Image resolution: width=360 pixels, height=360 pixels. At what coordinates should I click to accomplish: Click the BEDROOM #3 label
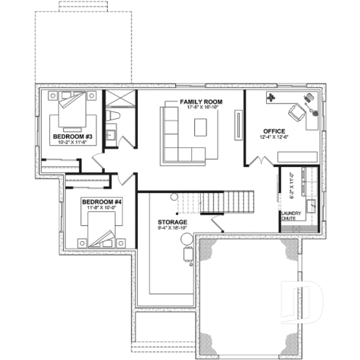71,137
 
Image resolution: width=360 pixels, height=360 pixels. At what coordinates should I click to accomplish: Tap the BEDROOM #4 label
102,202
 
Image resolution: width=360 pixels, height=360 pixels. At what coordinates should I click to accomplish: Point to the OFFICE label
274,132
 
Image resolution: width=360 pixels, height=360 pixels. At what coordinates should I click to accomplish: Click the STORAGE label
172,221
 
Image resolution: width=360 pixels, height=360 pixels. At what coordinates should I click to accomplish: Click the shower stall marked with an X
117,99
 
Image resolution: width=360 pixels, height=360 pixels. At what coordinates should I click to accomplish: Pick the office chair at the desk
297,112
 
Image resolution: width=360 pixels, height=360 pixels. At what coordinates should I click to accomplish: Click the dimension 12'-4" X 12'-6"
274,139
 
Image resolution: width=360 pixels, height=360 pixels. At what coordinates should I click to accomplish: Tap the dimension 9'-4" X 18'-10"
172,228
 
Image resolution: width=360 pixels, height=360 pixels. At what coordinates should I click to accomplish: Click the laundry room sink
312,206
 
